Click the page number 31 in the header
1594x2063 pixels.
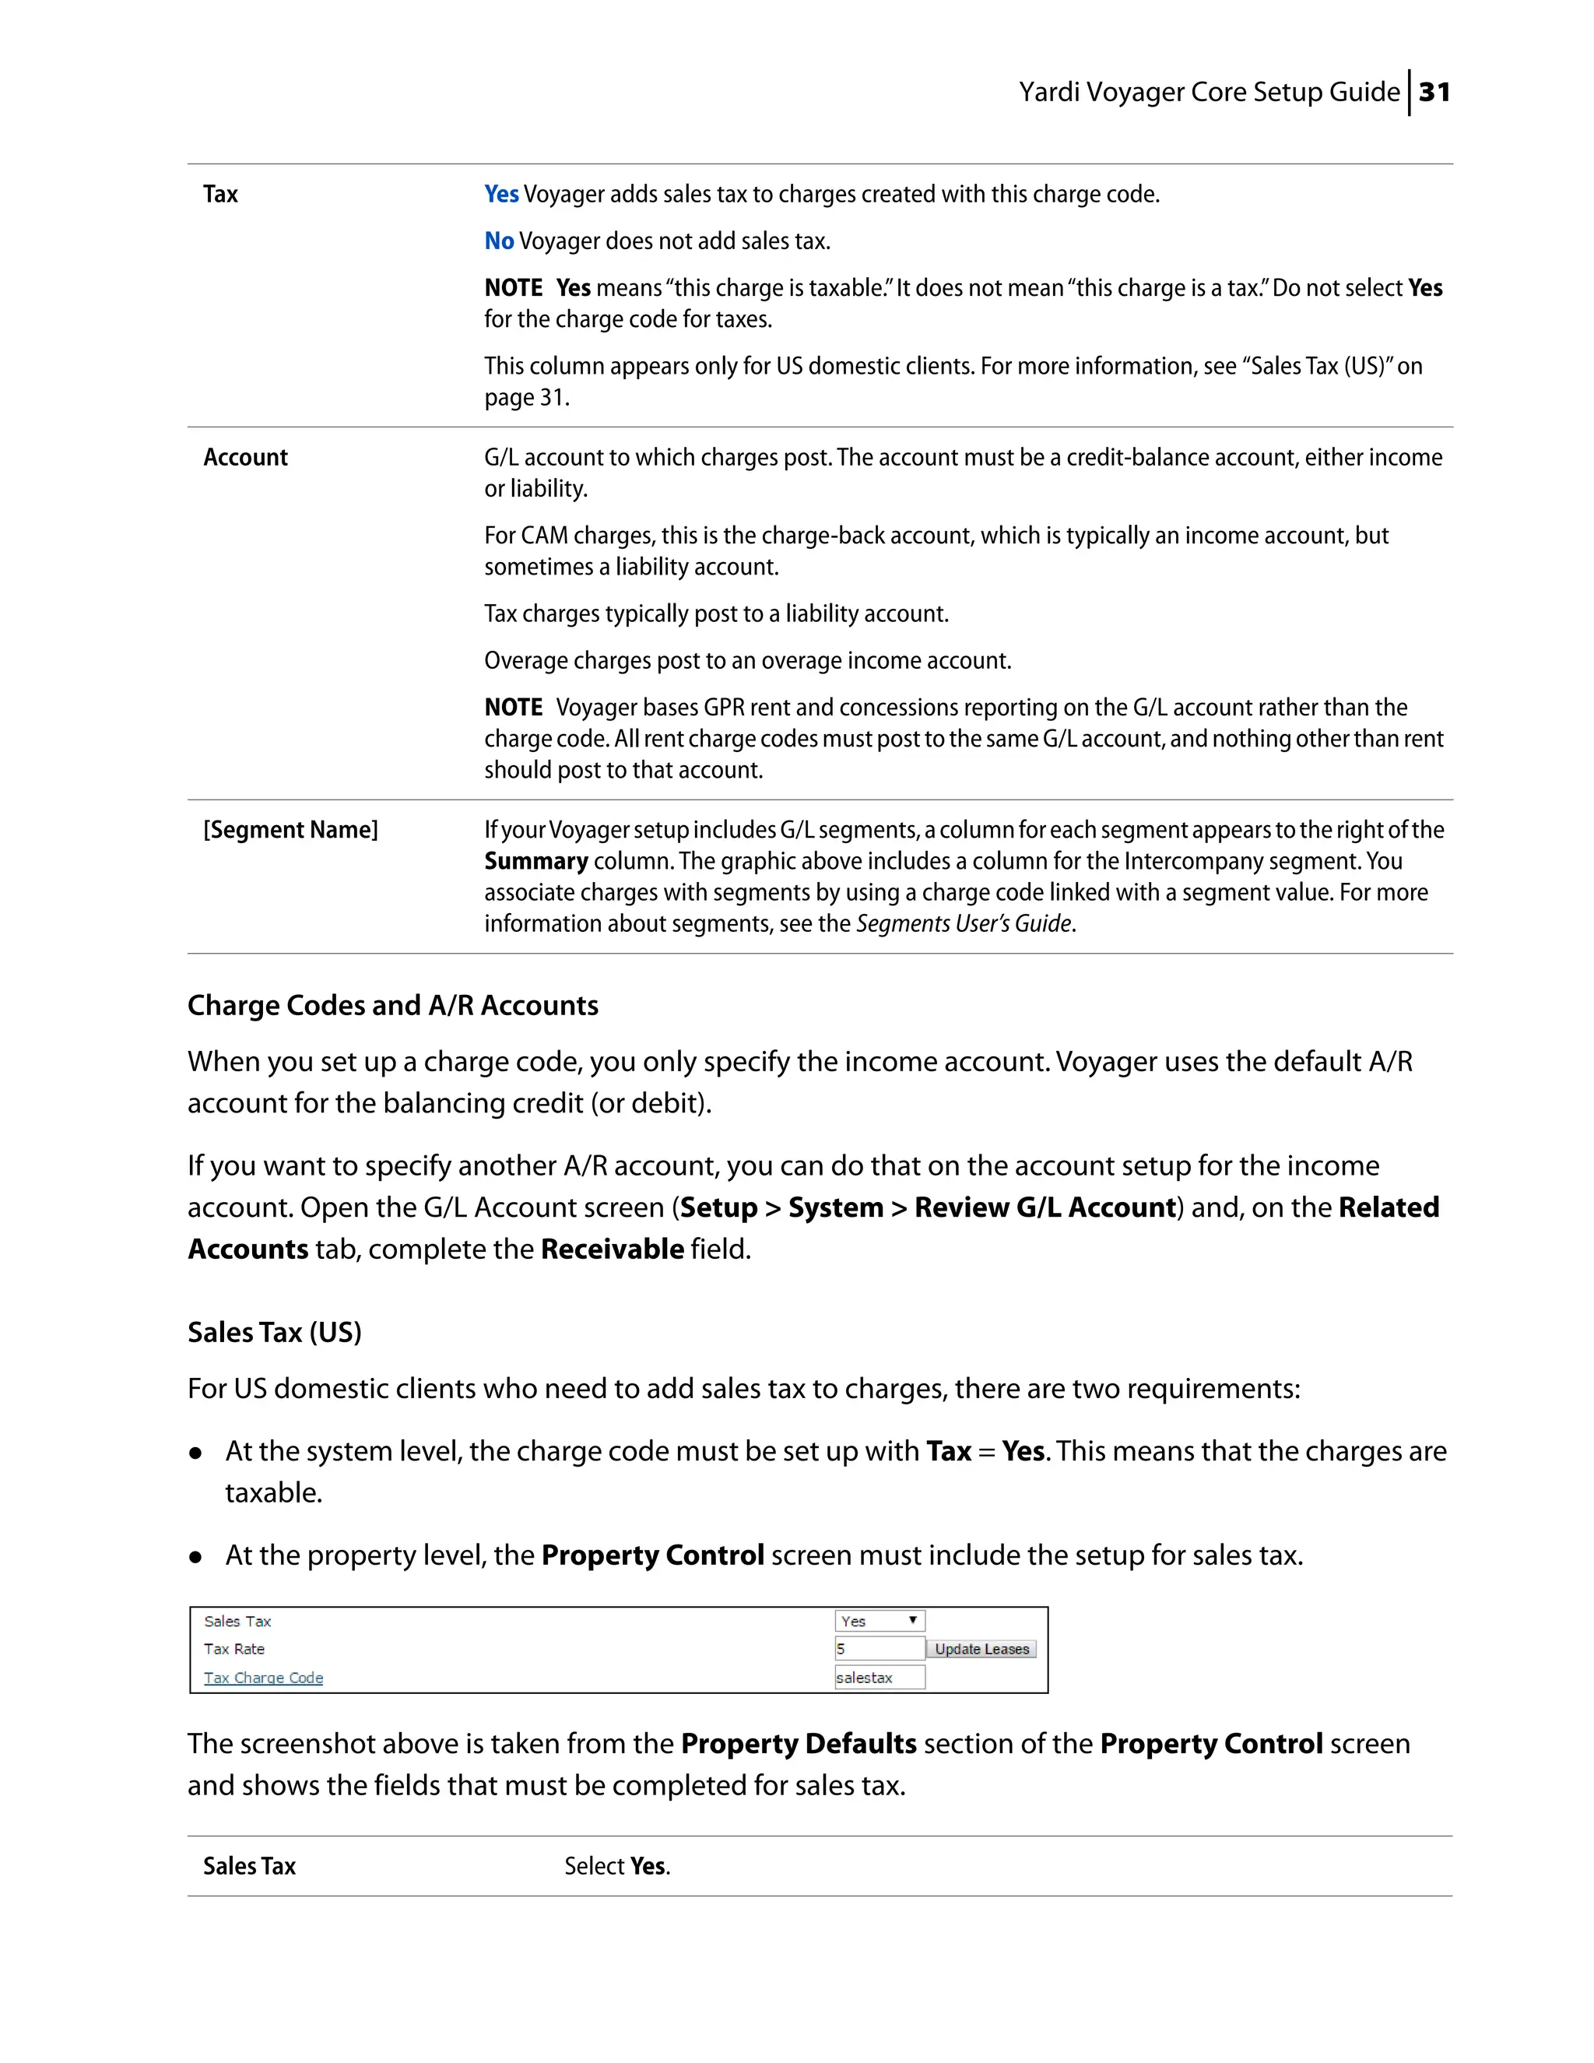point(1434,93)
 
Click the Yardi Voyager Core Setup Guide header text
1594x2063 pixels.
point(1209,93)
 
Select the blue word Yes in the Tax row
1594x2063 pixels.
point(501,194)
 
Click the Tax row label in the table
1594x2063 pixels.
point(220,194)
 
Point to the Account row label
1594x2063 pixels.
point(245,457)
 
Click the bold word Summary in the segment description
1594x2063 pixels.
point(535,862)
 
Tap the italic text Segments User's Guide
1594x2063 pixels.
point(964,924)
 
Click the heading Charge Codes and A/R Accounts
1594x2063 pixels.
point(392,1005)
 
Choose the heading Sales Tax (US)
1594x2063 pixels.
point(274,1332)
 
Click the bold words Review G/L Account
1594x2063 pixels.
point(1045,1207)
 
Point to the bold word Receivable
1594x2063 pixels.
point(612,1249)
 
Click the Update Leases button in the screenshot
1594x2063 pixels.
point(981,1650)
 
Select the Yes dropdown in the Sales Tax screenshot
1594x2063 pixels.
point(880,1621)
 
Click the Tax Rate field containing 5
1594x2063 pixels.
point(880,1650)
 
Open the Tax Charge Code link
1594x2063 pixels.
point(264,1678)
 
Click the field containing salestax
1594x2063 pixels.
point(880,1678)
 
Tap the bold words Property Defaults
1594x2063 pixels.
point(798,1744)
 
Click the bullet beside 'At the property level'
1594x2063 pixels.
point(195,1558)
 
